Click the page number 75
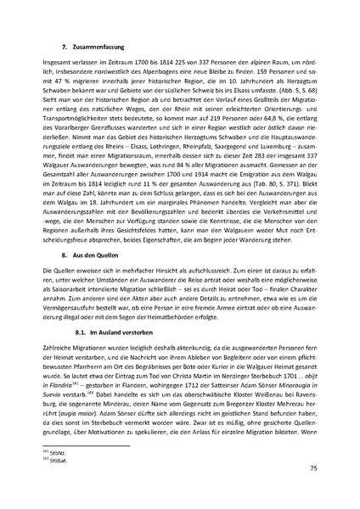(x=313, y=467)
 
